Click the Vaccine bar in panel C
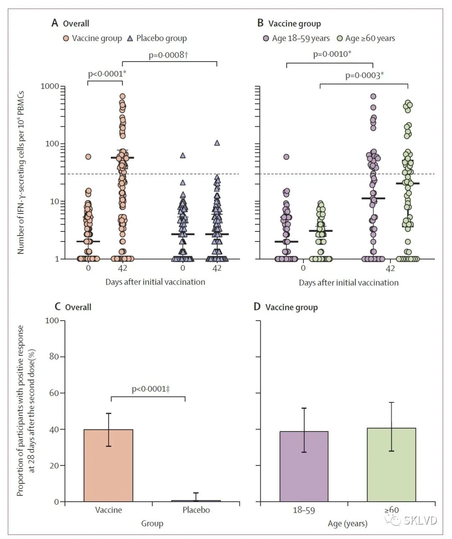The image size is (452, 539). [x=108, y=465]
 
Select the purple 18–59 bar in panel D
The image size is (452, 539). [x=304, y=466]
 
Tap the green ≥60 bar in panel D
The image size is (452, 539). [x=391, y=465]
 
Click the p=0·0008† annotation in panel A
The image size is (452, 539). [x=169, y=55]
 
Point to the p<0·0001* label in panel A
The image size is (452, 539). [x=107, y=74]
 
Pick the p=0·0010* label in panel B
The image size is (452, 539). [x=332, y=54]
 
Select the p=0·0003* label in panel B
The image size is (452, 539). [x=364, y=75]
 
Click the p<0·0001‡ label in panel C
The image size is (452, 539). [x=151, y=389]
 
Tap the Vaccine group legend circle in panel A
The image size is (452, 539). [x=66, y=38]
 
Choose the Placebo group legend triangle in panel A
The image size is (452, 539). [x=130, y=38]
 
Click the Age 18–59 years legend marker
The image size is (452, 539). [x=265, y=38]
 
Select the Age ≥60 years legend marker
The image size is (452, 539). [x=340, y=38]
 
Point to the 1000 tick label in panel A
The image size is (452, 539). [x=50, y=86]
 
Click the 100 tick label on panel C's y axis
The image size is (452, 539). [x=51, y=321]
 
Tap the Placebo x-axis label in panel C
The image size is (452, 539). [x=196, y=510]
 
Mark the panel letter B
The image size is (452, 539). [x=260, y=23]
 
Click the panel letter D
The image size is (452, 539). [x=257, y=307]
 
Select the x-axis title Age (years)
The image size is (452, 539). [x=347, y=524]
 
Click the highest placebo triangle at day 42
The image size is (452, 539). [x=217, y=143]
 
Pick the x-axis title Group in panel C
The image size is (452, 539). [x=152, y=524]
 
